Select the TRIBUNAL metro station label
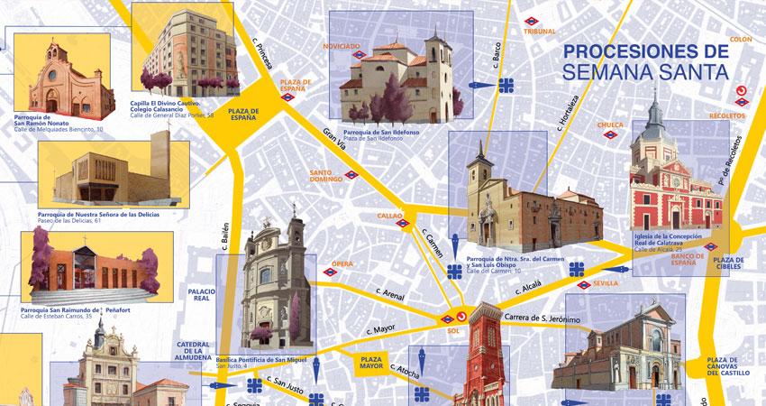[x=540, y=32]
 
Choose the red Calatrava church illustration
[x=676, y=180]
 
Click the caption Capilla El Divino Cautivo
[x=166, y=103]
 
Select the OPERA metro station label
[x=342, y=263]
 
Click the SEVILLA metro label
[x=607, y=283]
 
